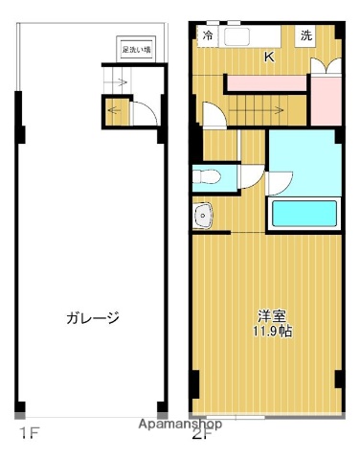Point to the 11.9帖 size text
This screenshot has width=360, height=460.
[272, 331]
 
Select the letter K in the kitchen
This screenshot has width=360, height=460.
[269, 57]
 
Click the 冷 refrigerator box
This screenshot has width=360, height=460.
[208, 36]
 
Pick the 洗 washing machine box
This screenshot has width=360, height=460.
[305, 36]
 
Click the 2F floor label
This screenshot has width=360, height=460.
[200, 434]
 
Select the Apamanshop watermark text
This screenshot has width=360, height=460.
[180, 424]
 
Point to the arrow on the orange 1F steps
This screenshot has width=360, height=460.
[117, 109]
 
